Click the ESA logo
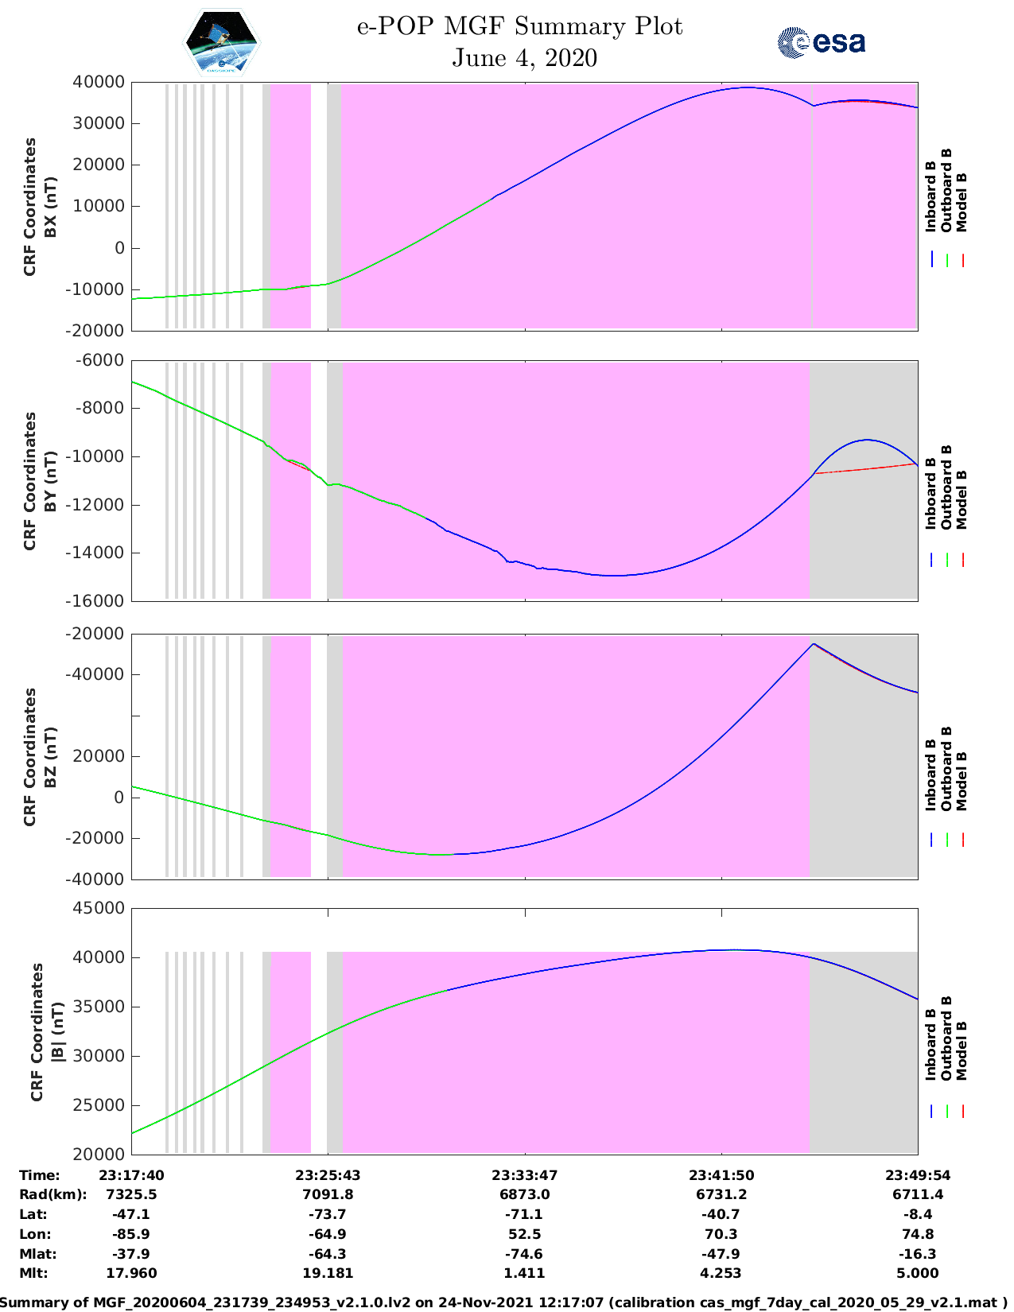tap(821, 42)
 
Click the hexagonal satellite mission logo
tap(221, 42)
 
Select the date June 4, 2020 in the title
tap(524, 58)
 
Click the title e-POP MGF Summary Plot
tap(519, 26)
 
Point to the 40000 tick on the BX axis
tap(99, 82)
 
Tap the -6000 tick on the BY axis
tap(102, 360)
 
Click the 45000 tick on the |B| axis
tap(99, 908)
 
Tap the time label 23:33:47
tap(524, 1175)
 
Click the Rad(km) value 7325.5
tap(131, 1194)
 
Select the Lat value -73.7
tap(328, 1214)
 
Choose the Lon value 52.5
tap(524, 1234)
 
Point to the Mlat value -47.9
tap(721, 1254)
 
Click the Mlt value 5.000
tap(918, 1273)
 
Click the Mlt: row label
tap(33, 1273)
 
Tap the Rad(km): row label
tap(52, 1194)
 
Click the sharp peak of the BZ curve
tap(813, 643)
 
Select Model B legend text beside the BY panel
tap(962, 500)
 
